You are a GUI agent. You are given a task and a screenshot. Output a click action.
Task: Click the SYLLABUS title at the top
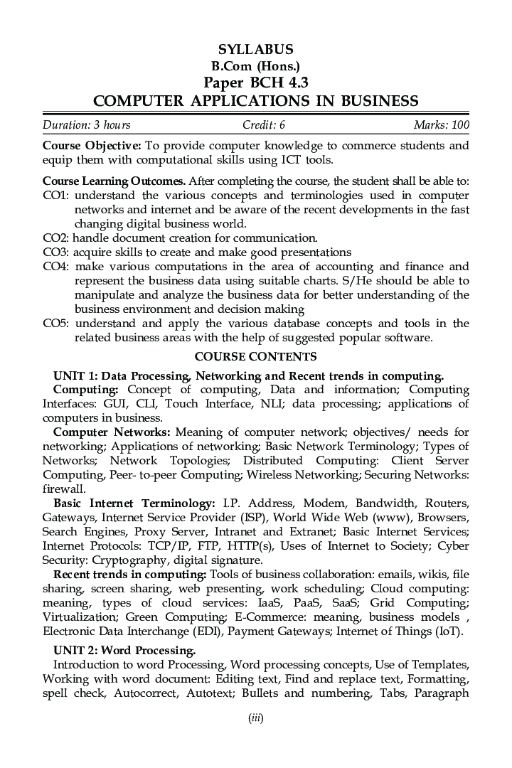coord(255,49)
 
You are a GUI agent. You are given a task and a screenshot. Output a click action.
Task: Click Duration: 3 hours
coord(87,125)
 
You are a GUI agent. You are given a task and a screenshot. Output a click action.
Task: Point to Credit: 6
coord(263,125)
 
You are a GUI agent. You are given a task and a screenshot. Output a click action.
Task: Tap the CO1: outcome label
coord(55,196)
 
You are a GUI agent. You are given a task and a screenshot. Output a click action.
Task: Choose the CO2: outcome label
coord(55,238)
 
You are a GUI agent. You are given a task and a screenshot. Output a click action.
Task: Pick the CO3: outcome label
coord(55,252)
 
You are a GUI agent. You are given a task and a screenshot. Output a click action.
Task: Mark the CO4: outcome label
coord(55,267)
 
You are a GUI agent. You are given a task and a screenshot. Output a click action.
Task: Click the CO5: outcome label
coord(55,324)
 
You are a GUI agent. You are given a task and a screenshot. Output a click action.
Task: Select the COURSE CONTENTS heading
coord(255,356)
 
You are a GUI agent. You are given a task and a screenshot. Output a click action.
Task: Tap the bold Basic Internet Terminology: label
coord(134,503)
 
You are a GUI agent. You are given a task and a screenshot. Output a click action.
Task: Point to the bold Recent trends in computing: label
coord(130,575)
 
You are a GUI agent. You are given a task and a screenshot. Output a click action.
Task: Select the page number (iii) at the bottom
coord(255,718)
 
